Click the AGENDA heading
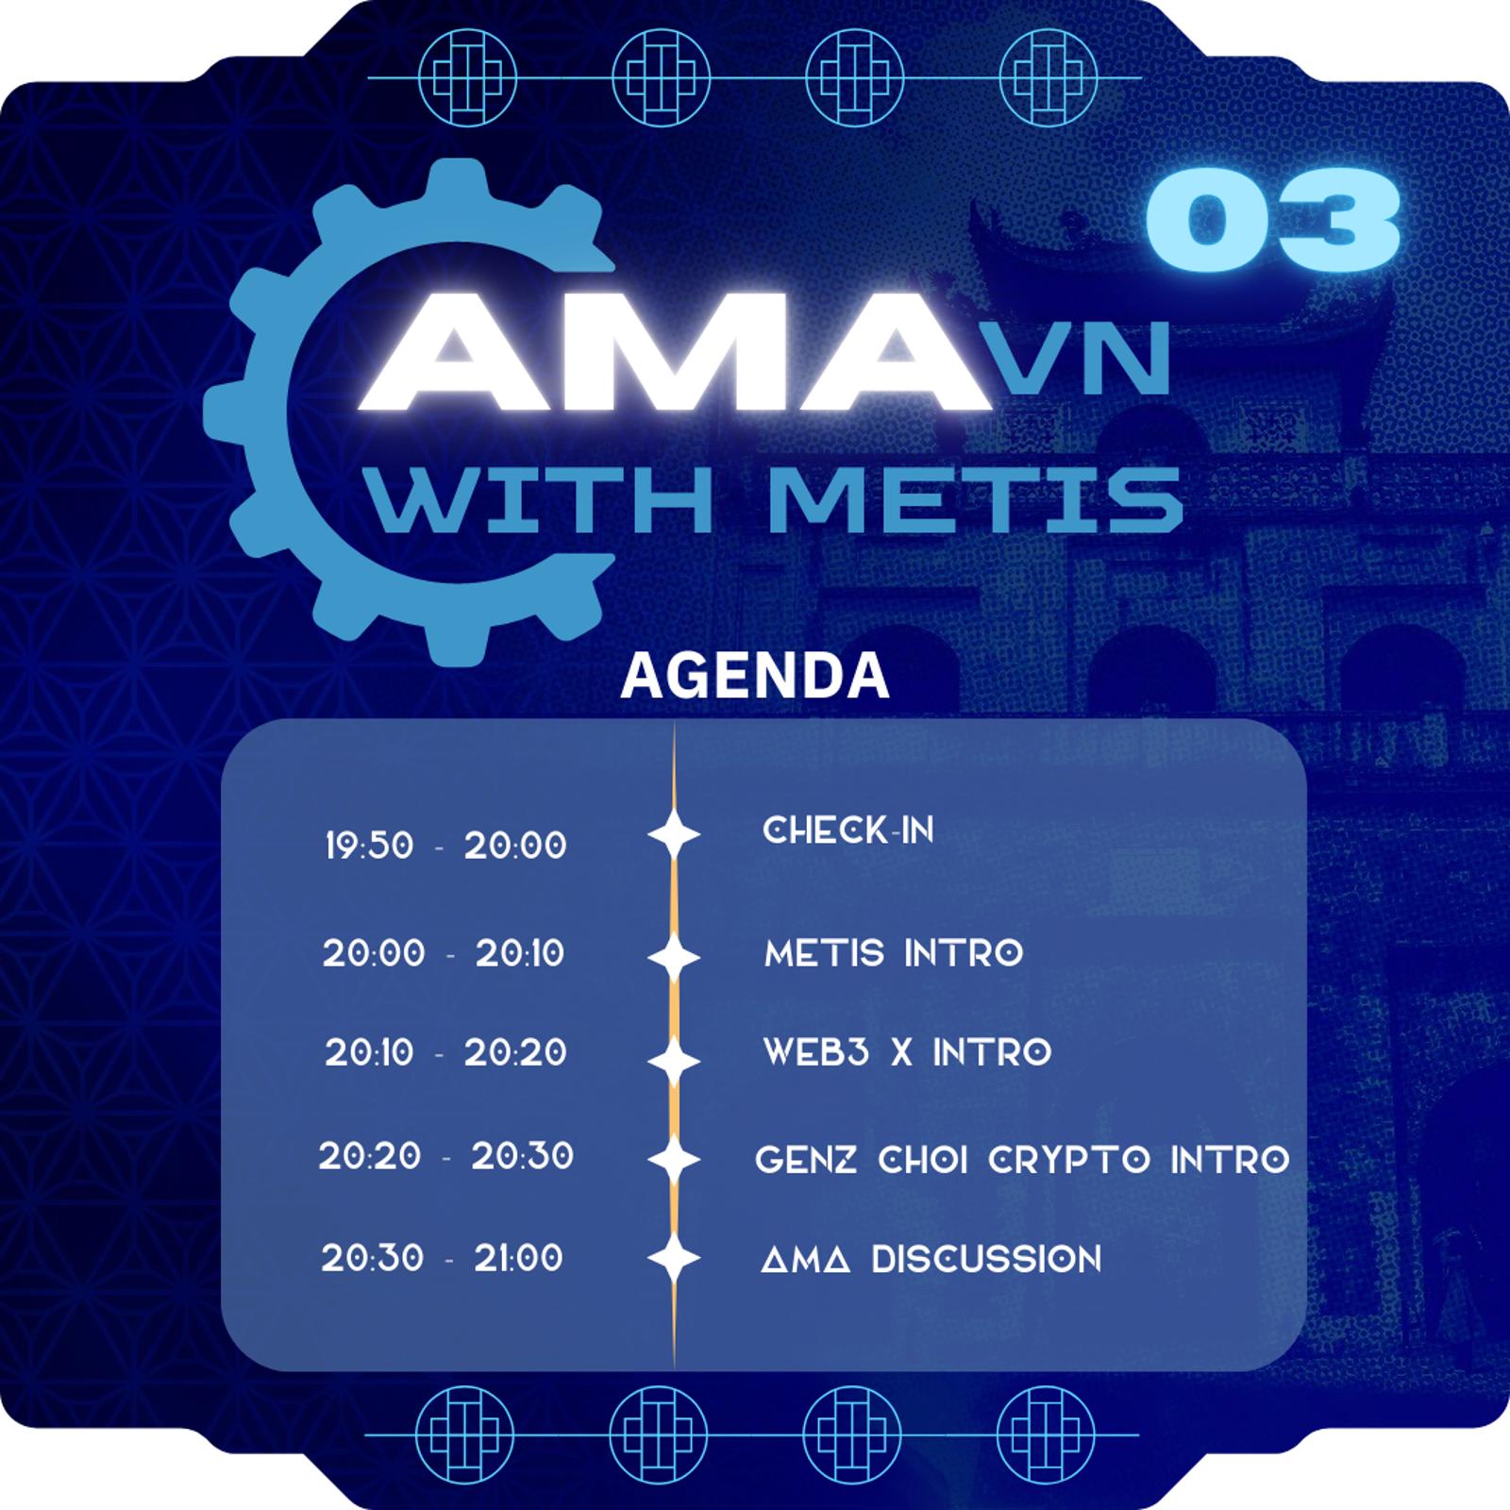coord(755,675)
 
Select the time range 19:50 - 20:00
coord(445,846)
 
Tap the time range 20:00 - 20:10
coord(444,953)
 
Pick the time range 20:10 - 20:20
coord(445,1052)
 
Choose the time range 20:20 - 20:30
coord(445,1156)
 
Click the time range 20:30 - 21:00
coord(442,1258)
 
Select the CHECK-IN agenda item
coord(847,830)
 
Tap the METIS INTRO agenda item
coord(894,953)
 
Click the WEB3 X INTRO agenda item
coord(907,1052)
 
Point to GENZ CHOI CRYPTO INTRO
coord(1022,1159)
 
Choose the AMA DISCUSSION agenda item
coord(931,1259)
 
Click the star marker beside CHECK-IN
coord(674,833)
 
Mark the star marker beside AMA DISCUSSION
coord(674,1259)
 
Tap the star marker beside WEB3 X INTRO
coord(674,1061)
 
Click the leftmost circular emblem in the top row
coord(467,76)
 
